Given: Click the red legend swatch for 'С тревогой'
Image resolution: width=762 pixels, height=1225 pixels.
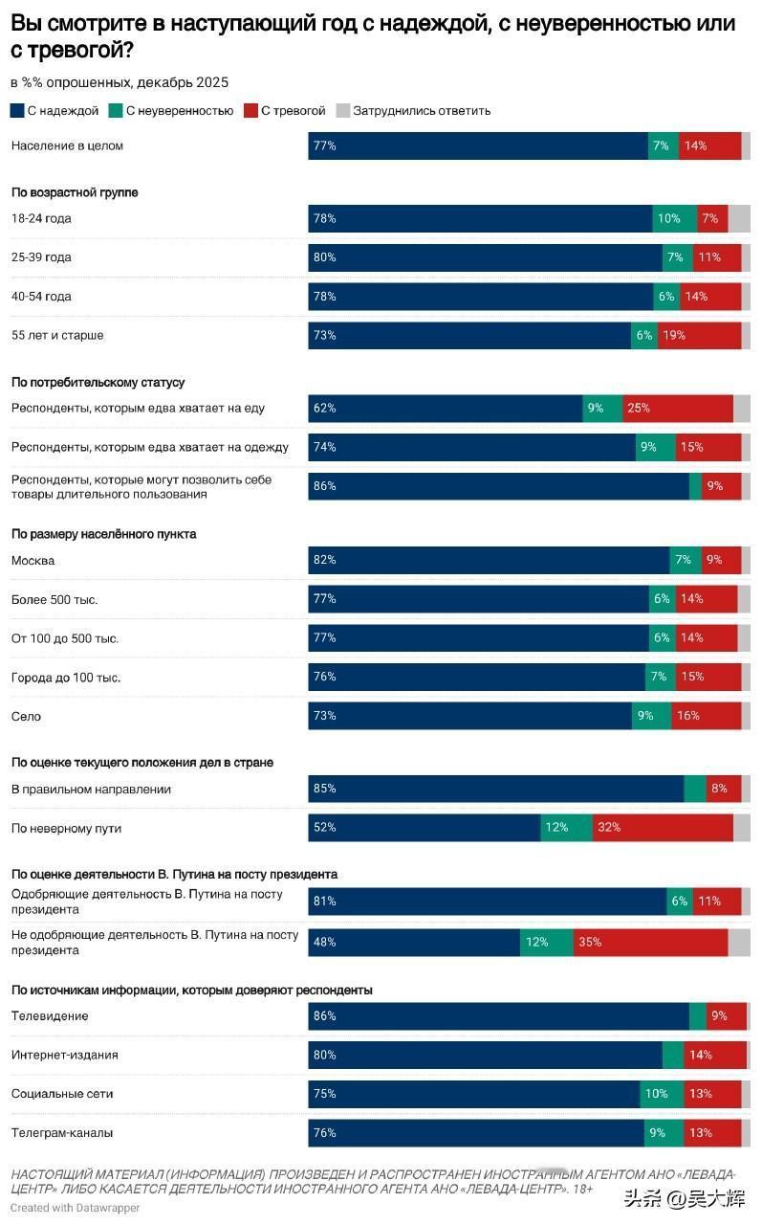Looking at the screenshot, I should click(251, 111).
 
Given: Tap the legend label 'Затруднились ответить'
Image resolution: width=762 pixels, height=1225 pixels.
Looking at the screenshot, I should click(422, 111).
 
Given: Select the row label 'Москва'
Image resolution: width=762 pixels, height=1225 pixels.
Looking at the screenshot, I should click(33, 560).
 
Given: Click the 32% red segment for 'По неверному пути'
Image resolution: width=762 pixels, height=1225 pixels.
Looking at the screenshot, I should click(663, 828).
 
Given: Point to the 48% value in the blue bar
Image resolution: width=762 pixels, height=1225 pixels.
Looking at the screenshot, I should click(324, 942).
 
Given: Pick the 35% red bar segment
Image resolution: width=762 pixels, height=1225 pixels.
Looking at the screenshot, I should click(650, 942).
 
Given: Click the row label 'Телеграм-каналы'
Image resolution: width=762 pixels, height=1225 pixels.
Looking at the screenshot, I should click(62, 1132).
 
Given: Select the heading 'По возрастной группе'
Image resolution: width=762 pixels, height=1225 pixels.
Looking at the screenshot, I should click(75, 192).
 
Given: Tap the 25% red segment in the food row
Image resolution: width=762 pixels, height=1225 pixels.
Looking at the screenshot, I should click(678, 408).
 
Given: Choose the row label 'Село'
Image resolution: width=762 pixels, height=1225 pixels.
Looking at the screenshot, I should click(27, 716).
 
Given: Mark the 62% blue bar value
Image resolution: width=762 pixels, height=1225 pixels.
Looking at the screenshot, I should click(324, 408).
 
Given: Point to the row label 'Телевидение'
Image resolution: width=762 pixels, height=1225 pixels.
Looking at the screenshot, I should click(50, 1015).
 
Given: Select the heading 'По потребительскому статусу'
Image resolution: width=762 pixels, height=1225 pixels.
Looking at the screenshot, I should click(98, 382).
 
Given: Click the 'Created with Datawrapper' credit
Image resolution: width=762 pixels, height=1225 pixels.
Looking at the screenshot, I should click(76, 1208).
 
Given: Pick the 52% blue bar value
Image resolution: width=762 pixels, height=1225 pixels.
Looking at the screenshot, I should click(324, 828).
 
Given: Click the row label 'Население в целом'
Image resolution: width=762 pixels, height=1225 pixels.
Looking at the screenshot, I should click(67, 145).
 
